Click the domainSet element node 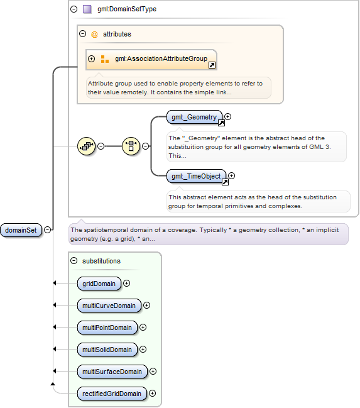point(21,230)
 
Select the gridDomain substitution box point(99,284)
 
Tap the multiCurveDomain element point(109,306)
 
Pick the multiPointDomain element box point(107,328)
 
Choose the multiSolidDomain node point(107,350)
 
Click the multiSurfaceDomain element point(112,372)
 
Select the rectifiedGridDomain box point(112,394)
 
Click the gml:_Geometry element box point(194,117)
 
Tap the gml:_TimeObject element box point(197,176)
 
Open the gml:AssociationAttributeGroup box point(151,60)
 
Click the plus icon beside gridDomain point(127,283)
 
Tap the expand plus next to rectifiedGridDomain point(153,393)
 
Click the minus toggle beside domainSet point(47,229)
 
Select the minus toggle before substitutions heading point(74,260)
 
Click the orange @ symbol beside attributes point(94,34)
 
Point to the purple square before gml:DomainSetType point(87,9)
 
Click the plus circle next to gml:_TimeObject point(231,176)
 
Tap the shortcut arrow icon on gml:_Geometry point(221,123)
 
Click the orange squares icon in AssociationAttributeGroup point(104,59)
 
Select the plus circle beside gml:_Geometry point(228,116)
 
